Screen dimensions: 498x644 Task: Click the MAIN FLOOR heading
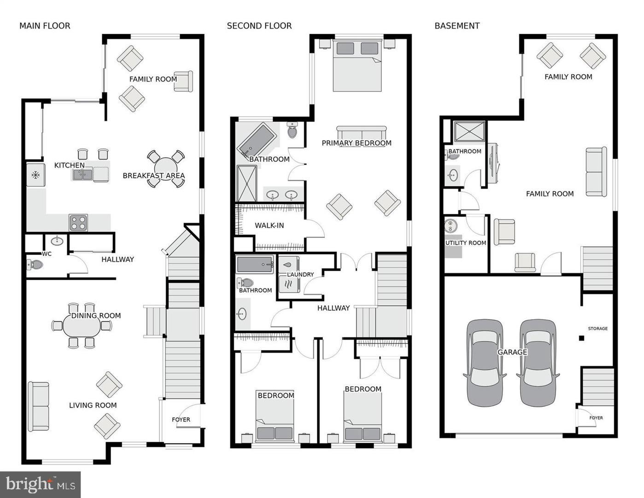pyautogui.click(x=45, y=26)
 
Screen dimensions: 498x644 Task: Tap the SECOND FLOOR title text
pyautogui.click(x=259, y=26)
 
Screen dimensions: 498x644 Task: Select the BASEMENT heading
pyautogui.click(x=457, y=26)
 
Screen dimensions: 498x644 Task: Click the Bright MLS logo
pyautogui.click(x=41, y=484)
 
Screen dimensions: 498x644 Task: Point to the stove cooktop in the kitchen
pyautogui.click(x=78, y=223)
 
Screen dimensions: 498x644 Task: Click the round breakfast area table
pyautogui.click(x=166, y=169)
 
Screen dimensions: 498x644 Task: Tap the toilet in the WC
pyautogui.click(x=35, y=265)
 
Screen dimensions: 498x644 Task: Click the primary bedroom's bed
pyautogui.click(x=357, y=67)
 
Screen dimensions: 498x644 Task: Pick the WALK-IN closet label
pyautogui.click(x=269, y=225)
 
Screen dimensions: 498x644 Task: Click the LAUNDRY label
pyautogui.click(x=300, y=274)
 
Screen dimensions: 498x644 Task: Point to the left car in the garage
pyautogui.click(x=485, y=363)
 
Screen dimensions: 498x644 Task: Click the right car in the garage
pyautogui.click(x=538, y=363)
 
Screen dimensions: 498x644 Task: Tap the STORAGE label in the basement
pyautogui.click(x=597, y=328)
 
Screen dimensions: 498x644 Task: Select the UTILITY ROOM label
pyautogui.click(x=465, y=243)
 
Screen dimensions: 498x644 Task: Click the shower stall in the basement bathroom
pyautogui.click(x=469, y=131)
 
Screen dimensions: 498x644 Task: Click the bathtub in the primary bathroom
pyautogui.click(x=257, y=140)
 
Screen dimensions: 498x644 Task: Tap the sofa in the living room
pyautogui.click(x=39, y=406)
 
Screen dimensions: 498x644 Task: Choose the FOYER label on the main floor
pyautogui.click(x=181, y=420)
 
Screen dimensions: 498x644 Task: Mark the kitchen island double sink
pyautogui.click(x=83, y=174)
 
